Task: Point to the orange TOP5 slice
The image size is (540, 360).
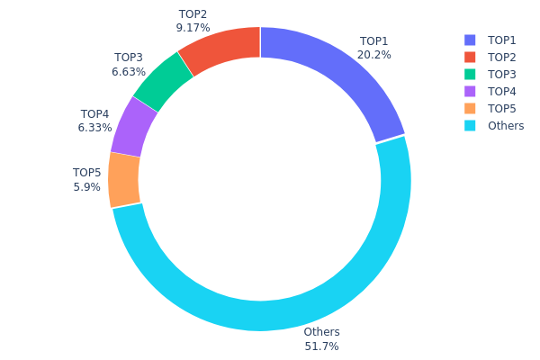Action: [x=124, y=179]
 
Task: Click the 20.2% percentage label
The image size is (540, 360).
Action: [x=374, y=55]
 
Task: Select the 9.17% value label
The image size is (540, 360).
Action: [x=192, y=28]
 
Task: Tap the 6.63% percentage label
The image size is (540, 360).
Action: [x=129, y=72]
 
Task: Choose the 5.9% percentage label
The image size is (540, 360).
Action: [x=86, y=187]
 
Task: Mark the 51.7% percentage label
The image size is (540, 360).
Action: [x=321, y=346]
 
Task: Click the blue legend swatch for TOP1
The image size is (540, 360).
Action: [x=470, y=40]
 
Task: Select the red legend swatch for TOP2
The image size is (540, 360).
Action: [x=470, y=58]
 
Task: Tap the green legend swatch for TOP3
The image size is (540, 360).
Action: [x=470, y=75]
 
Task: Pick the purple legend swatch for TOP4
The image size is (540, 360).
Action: [x=470, y=92]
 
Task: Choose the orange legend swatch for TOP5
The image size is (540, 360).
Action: [x=470, y=109]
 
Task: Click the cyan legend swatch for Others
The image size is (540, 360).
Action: [x=470, y=126]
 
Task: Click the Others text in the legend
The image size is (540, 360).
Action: [x=506, y=126]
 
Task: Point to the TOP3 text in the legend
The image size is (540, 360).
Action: [x=502, y=75]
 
